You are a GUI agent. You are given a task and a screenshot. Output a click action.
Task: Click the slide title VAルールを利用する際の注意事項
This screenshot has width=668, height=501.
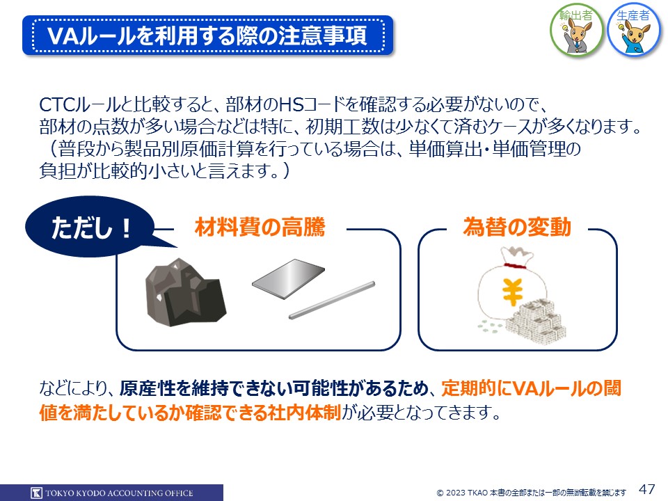tap(207, 35)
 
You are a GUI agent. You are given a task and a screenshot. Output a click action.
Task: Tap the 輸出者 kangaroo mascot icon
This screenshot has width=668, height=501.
tap(576, 31)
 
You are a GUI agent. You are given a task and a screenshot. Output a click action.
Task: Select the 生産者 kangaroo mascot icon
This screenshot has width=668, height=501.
tap(633, 31)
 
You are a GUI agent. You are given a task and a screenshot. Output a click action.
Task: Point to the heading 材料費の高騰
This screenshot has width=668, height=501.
tap(260, 227)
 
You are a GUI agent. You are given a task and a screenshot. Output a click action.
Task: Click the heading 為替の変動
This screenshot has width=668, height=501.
tap(517, 227)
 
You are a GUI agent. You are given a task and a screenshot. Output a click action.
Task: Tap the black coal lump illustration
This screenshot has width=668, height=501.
tap(185, 292)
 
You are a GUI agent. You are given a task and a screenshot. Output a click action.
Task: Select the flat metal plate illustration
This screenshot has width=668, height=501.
tap(288, 278)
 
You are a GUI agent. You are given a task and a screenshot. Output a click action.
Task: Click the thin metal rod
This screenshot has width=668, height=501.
tap(332, 300)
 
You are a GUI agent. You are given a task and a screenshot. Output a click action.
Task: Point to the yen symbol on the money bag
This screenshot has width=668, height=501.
tap(512, 292)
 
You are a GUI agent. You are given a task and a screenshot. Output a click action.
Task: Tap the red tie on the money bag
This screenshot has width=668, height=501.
tap(515, 267)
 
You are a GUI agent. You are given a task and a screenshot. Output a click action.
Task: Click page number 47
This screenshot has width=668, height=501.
tap(646, 489)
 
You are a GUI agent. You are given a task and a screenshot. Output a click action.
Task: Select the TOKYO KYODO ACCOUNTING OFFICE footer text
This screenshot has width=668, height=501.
tap(119, 493)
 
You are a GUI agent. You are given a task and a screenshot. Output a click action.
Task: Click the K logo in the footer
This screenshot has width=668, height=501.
tap(37, 493)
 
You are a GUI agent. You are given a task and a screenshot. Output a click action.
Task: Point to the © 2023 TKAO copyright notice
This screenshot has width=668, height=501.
tap(531, 493)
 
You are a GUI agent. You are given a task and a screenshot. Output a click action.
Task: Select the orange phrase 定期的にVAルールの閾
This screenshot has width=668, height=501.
tap(531, 388)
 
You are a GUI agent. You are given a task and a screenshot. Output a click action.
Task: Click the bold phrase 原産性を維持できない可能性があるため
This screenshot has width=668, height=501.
tap(274, 388)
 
